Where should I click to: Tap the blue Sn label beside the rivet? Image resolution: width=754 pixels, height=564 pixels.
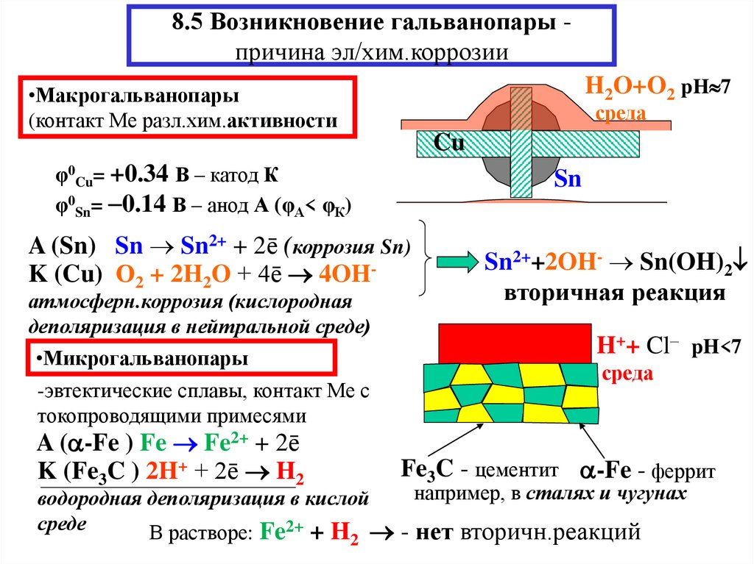pos(568,179)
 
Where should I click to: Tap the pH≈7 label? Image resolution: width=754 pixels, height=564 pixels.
pos(705,88)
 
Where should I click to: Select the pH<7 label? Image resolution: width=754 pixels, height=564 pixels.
pos(716,347)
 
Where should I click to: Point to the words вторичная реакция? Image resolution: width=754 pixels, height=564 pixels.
pos(615,293)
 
